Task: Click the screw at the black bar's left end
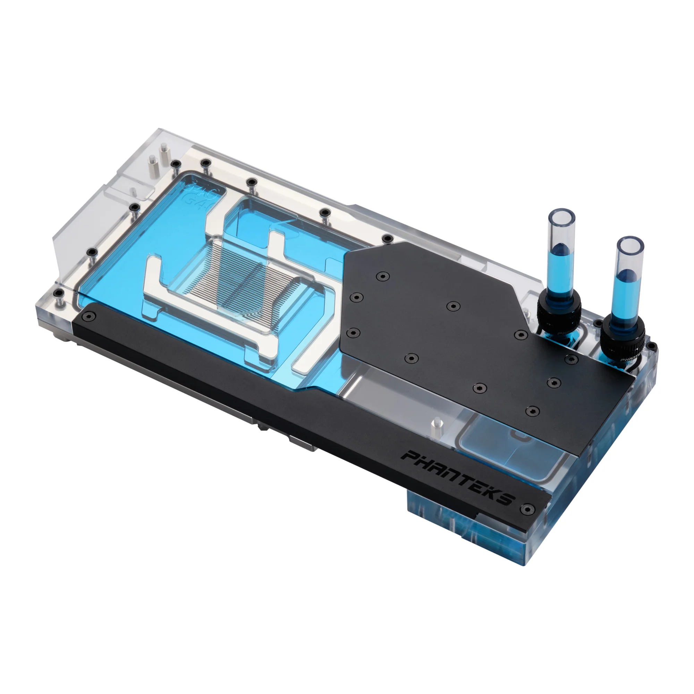coord(88,316)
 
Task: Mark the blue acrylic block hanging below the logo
coord(442,517)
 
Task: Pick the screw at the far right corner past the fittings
coord(652,347)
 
